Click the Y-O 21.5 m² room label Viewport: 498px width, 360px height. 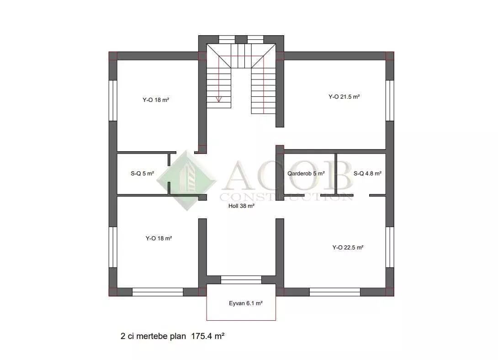[x=344, y=97]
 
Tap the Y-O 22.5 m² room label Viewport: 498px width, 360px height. [x=348, y=247]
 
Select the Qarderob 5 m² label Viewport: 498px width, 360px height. [x=306, y=174]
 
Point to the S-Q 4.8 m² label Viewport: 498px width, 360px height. [x=367, y=174]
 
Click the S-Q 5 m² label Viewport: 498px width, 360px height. [x=142, y=174]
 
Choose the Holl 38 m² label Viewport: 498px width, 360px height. [x=241, y=206]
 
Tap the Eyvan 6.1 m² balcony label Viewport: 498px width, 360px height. [x=245, y=303]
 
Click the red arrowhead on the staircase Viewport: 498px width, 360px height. [x=219, y=99]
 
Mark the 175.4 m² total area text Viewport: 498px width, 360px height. [x=208, y=336]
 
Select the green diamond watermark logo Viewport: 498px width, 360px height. [x=187, y=180]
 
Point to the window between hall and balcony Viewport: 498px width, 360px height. [x=241, y=280]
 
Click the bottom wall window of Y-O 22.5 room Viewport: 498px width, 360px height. [x=335, y=292]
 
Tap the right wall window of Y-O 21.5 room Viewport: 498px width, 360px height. [x=390, y=101]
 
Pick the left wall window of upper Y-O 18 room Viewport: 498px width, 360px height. [x=113, y=101]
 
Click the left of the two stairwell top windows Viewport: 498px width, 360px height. [x=227, y=39]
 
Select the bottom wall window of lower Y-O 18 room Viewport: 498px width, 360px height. [x=158, y=292]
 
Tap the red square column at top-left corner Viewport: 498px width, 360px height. [x=113, y=56]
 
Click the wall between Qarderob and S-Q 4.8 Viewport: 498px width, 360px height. [x=336, y=174]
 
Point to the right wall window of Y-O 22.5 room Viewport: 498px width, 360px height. [x=390, y=247]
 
